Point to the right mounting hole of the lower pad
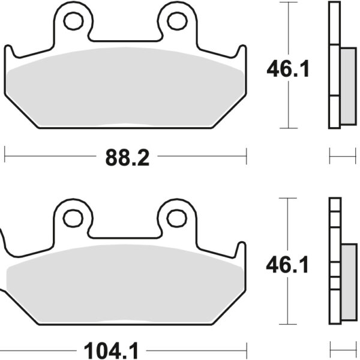177,218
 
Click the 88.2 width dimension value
127,158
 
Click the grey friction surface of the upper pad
126,87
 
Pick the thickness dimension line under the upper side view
343,158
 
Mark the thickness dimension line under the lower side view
343,348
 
